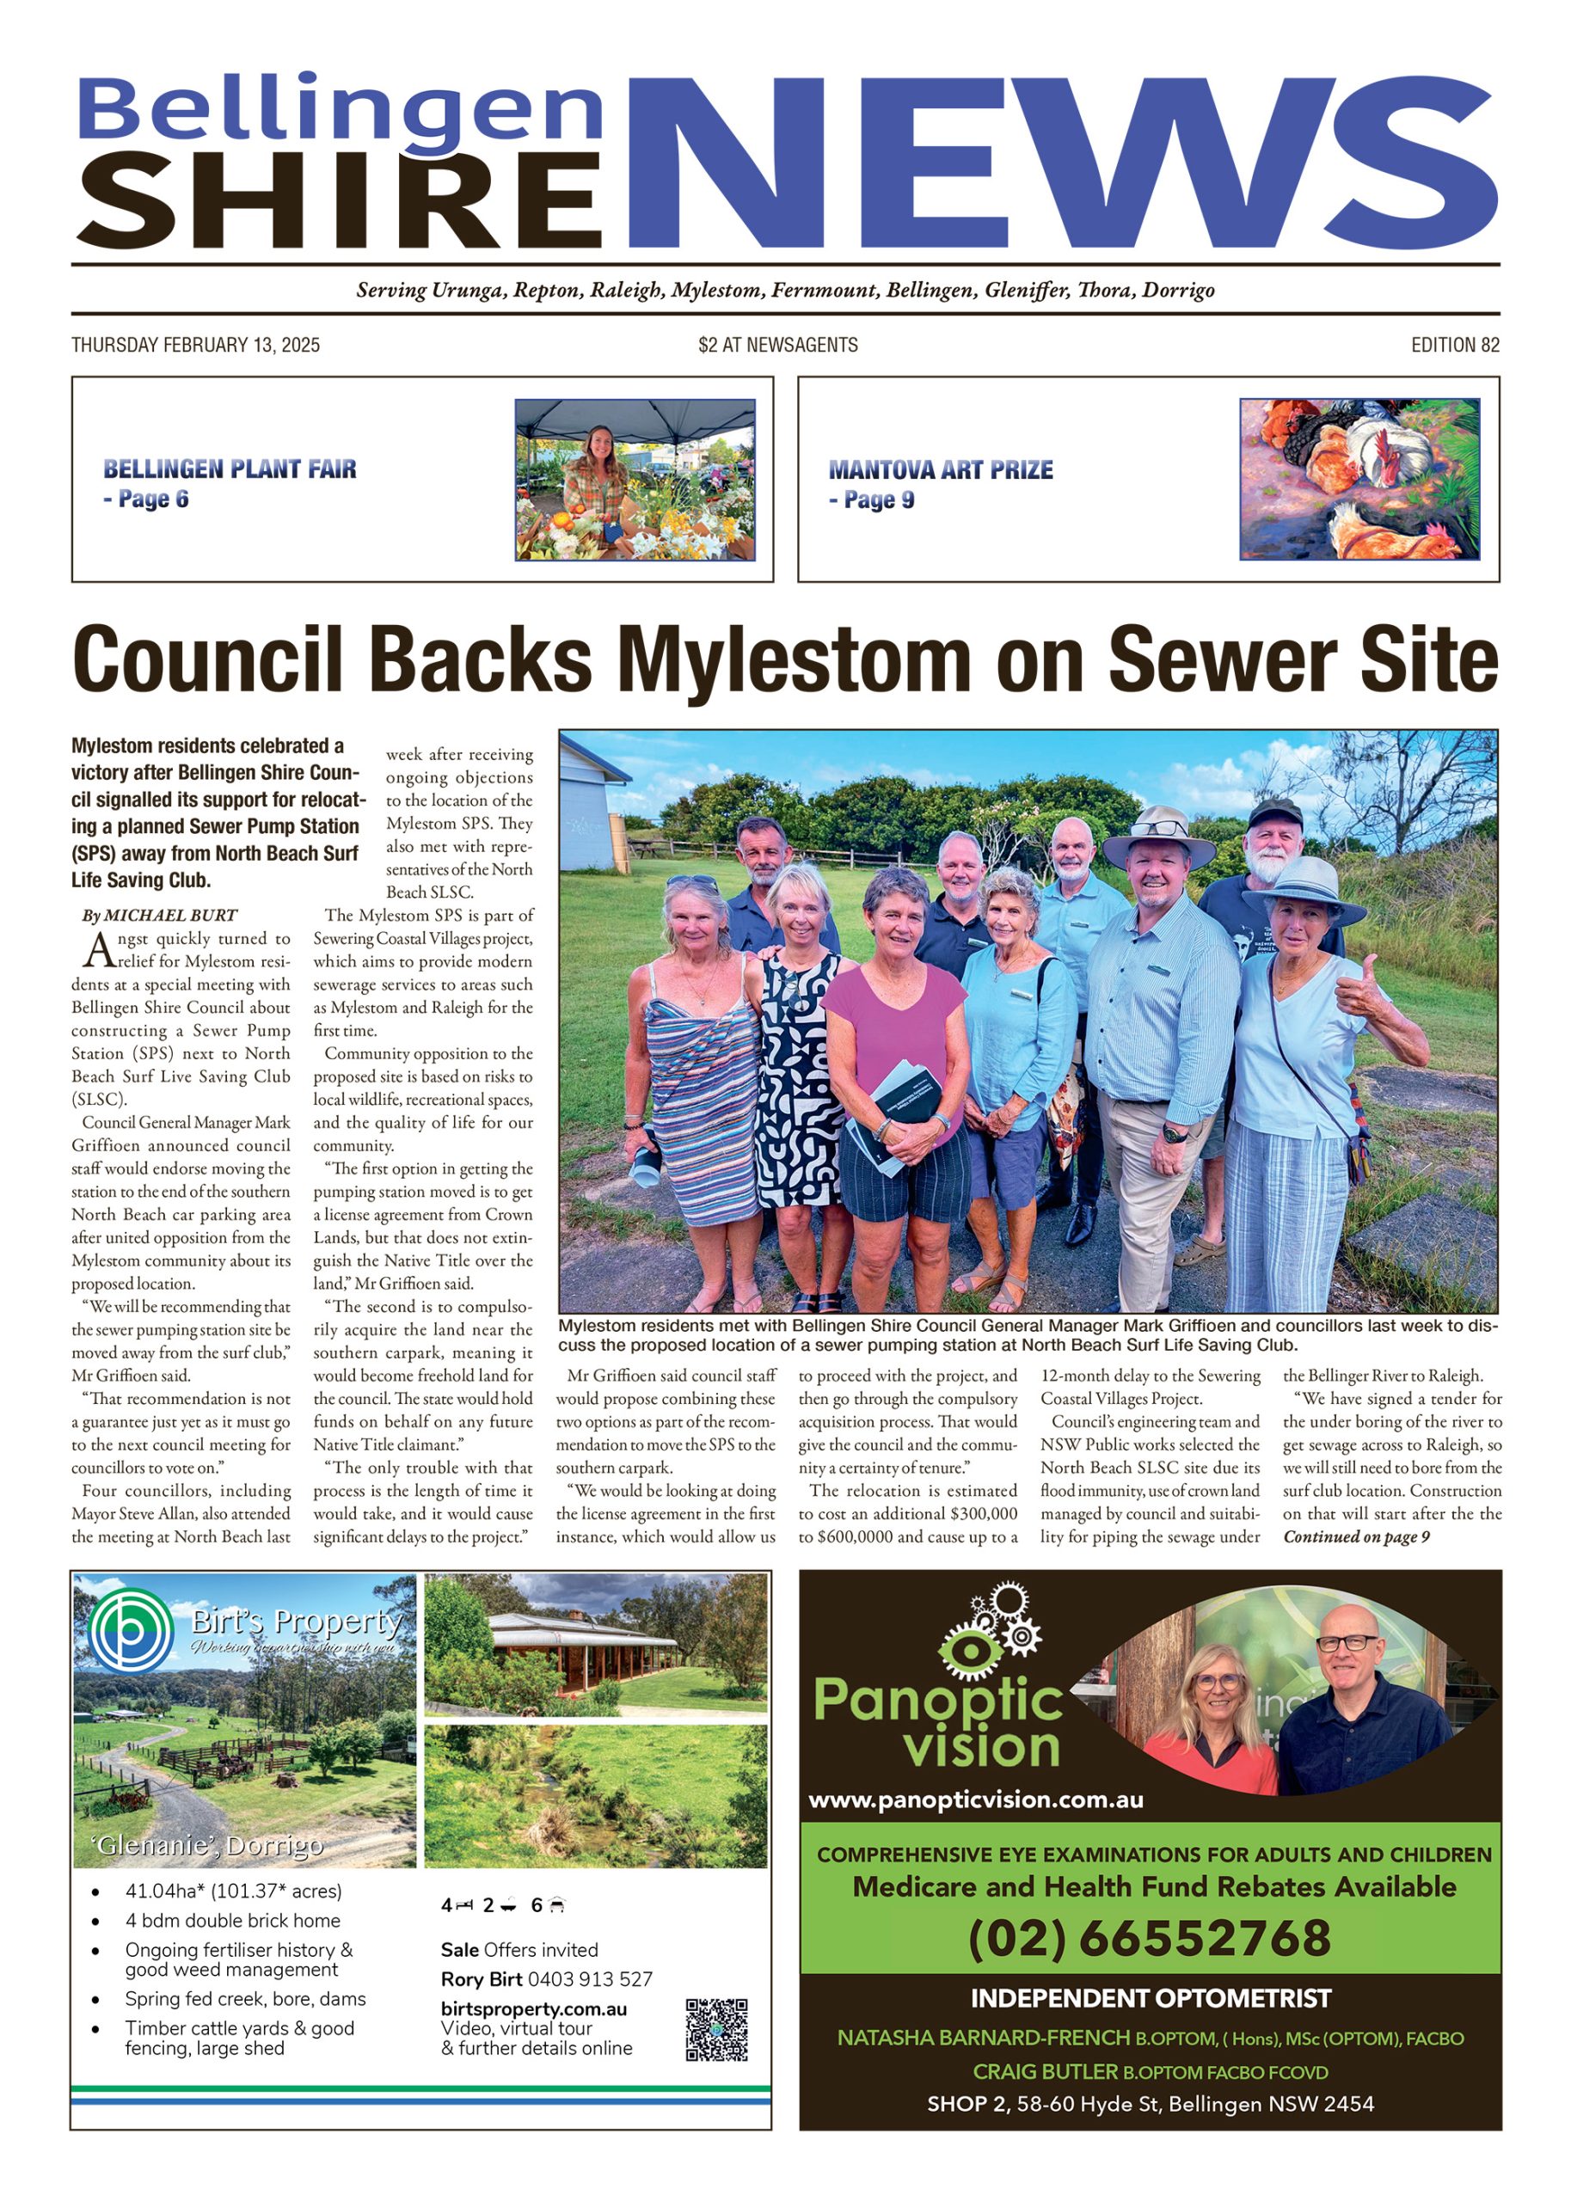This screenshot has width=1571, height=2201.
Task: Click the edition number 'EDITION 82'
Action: pos(1454,346)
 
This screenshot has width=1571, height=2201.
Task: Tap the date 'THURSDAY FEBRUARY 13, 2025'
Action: pos(195,346)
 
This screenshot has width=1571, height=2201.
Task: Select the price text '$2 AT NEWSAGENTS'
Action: pos(777,346)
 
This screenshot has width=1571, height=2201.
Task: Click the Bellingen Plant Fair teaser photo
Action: pos(635,480)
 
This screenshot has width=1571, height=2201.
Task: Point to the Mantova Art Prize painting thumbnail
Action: pos(1359,480)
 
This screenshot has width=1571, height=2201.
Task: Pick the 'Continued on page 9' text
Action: pos(1356,1536)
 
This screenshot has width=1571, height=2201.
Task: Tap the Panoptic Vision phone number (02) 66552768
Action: pos(1149,1937)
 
